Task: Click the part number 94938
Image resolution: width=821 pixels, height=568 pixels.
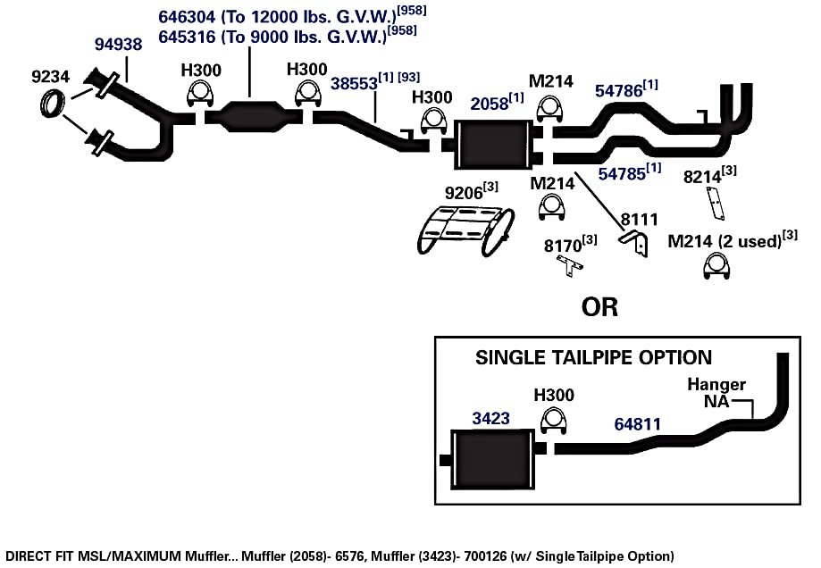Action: (x=118, y=45)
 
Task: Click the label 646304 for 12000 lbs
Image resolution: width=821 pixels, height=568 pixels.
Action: (x=187, y=17)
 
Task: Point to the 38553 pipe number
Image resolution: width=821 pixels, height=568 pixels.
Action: (x=354, y=84)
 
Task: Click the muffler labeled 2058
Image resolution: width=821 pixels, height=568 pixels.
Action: (x=492, y=145)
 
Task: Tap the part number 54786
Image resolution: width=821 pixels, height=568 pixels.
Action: (x=618, y=91)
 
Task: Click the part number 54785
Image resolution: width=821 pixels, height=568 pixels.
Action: (x=622, y=174)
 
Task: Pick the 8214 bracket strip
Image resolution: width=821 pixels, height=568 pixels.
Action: (x=716, y=202)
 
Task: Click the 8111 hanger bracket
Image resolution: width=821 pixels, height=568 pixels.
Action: (x=634, y=241)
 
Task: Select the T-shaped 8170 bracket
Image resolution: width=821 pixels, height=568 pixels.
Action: (x=569, y=266)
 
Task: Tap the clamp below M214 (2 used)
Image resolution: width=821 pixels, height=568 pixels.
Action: (x=716, y=266)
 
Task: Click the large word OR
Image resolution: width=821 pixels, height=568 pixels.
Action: (x=599, y=307)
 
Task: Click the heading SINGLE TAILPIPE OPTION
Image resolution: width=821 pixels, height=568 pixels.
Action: (x=593, y=357)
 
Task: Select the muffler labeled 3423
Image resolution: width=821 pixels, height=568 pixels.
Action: (x=492, y=459)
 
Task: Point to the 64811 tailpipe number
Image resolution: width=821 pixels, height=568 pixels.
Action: (x=637, y=424)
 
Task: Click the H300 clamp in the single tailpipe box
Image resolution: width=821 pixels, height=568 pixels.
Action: (x=554, y=422)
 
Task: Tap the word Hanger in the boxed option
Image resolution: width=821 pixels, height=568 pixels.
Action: (x=716, y=385)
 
